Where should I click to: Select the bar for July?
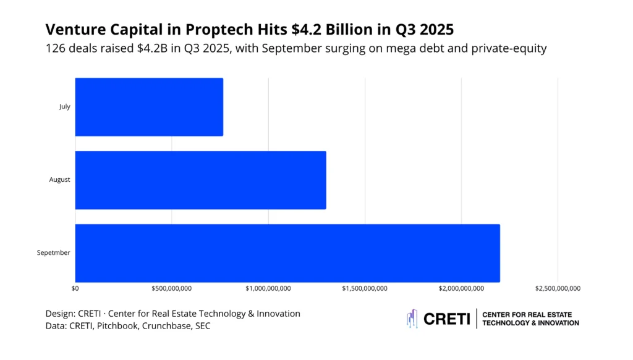[149, 107]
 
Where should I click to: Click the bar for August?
[200, 180]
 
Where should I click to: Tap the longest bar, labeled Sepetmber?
[287, 253]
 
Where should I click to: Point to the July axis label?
[65, 107]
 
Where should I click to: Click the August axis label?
[60, 180]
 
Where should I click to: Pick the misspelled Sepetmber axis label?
[54, 253]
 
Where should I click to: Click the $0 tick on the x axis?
[75, 288]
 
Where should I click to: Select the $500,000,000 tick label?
[172, 288]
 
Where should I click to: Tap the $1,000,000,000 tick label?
[268, 288]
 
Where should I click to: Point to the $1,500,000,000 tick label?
[365, 288]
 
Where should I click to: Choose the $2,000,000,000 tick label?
[461, 288]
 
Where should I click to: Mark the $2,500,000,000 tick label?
[558, 288]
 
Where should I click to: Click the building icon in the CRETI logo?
[412, 319]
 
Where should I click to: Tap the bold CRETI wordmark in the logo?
[447, 319]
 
